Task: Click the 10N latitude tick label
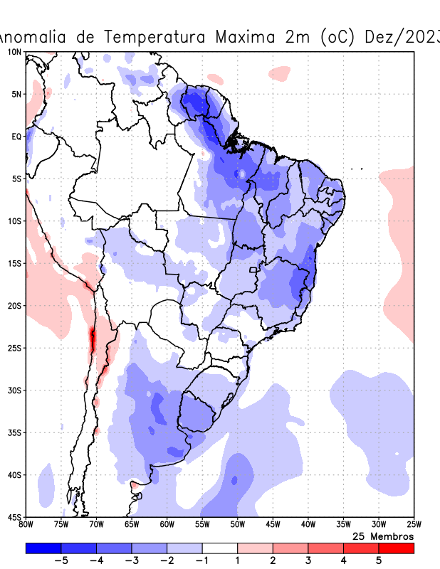(14, 52)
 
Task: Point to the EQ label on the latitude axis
(16, 137)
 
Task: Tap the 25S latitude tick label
(14, 348)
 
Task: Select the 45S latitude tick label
(14, 517)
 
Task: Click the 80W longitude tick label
(26, 525)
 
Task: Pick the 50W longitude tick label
(237, 525)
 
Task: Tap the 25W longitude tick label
(413, 525)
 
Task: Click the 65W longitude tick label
(132, 525)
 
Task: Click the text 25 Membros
(383, 536)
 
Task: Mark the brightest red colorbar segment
(396, 548)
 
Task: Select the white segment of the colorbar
(220, 548)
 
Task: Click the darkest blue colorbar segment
(43, 548)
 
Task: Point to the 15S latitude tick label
(14, 263)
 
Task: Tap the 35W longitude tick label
(342, 525)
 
